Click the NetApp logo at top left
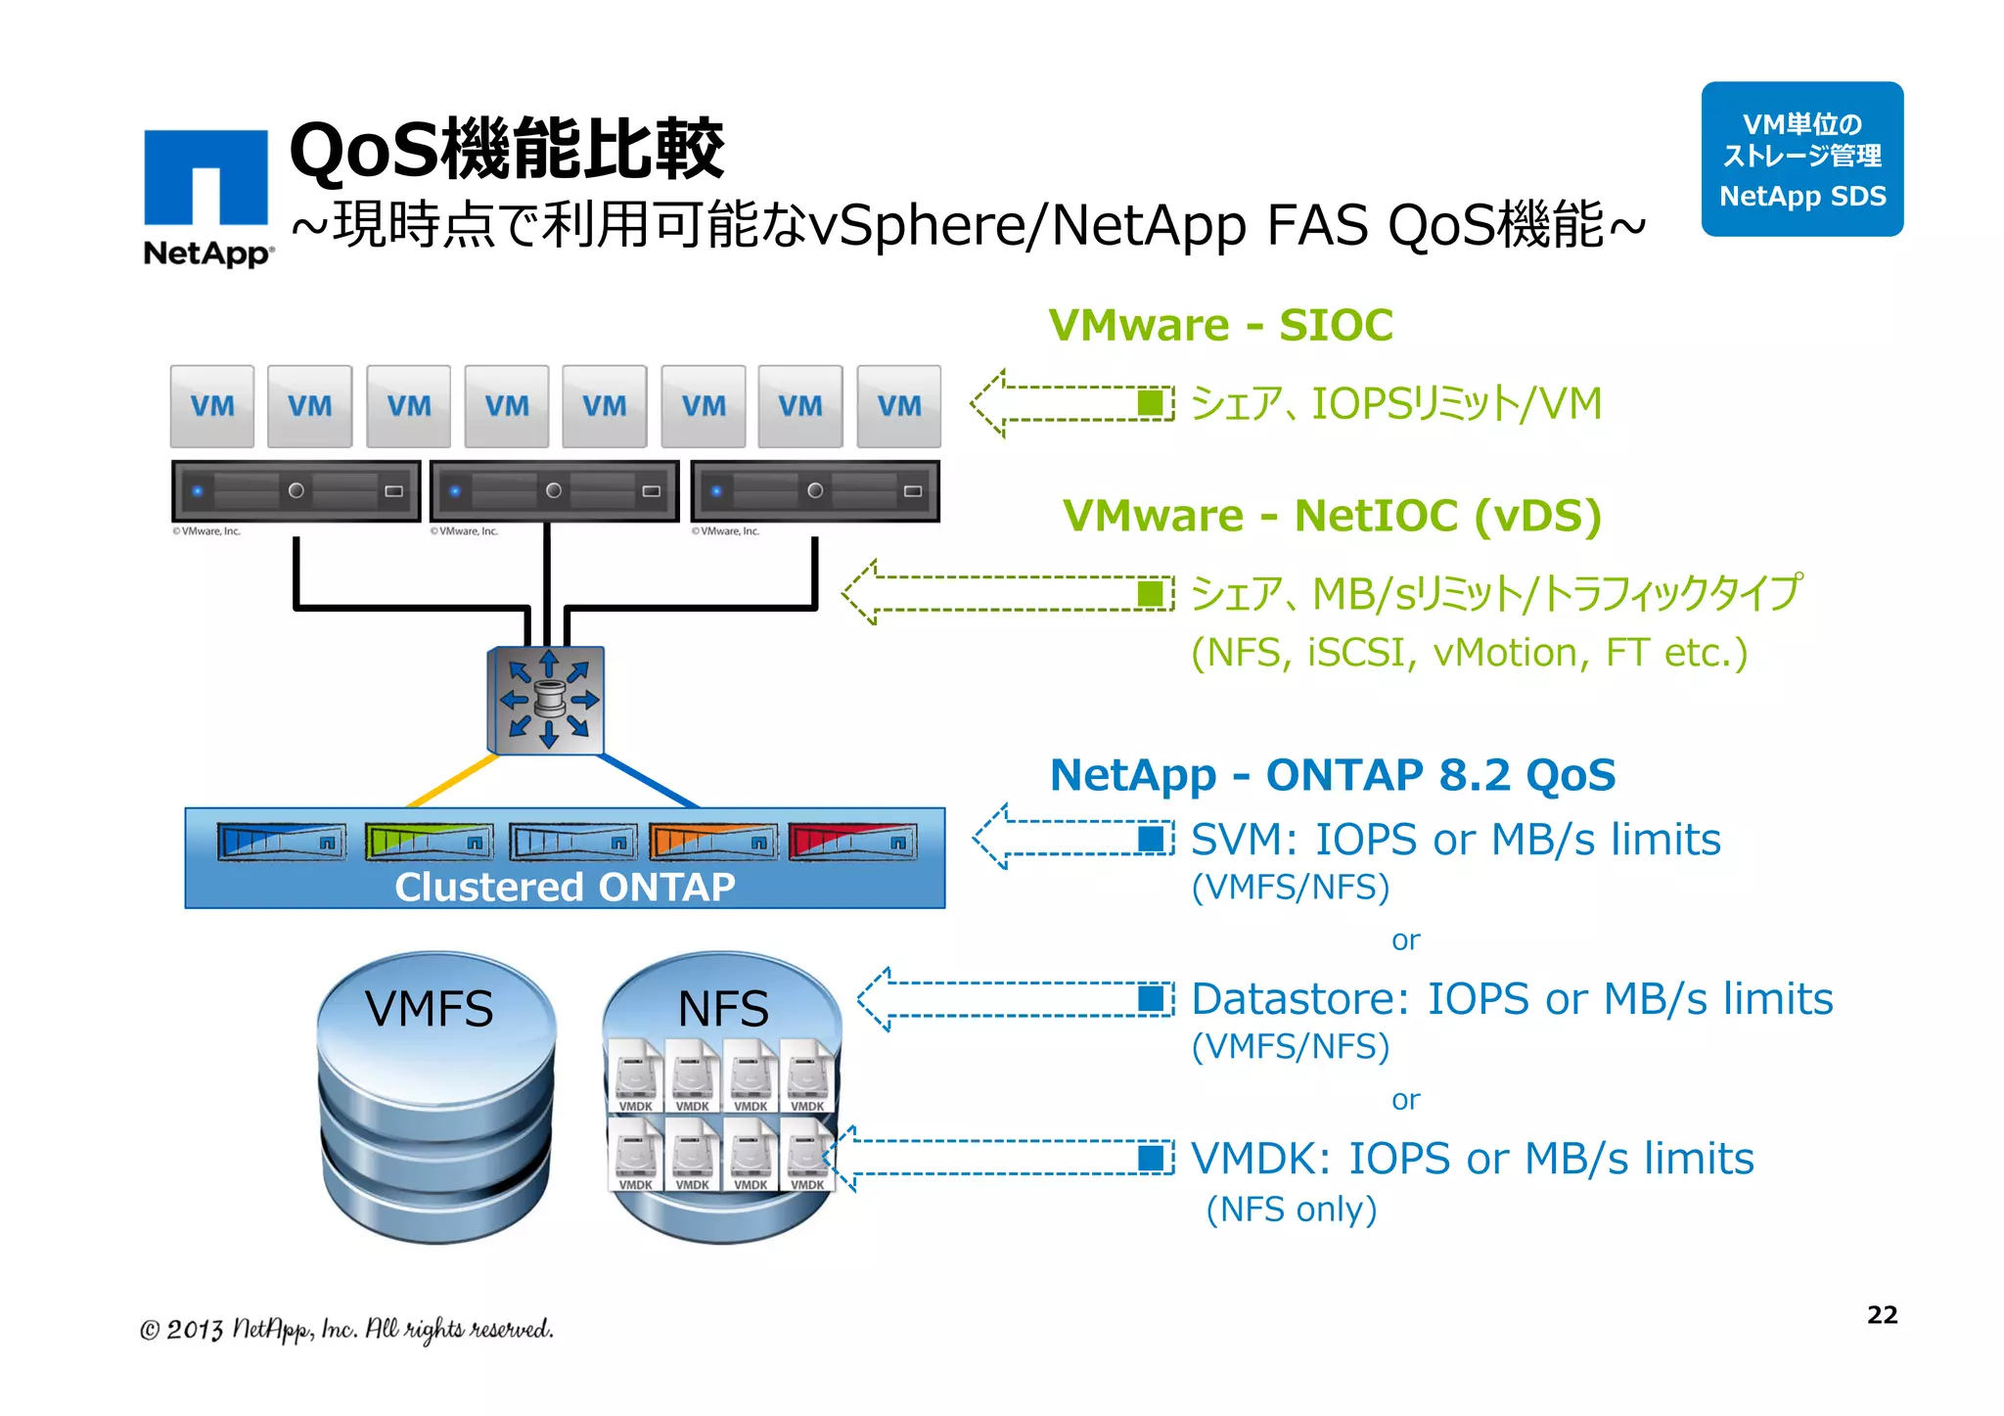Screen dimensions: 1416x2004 206,196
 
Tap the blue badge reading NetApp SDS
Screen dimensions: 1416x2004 1801,160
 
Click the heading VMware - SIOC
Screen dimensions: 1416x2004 1220,325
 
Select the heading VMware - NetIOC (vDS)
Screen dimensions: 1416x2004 1332,516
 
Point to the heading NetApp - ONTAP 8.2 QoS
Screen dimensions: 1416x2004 1332,775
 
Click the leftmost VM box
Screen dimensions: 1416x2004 212,406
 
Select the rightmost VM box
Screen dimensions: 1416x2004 898,406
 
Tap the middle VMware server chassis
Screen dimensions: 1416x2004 554,491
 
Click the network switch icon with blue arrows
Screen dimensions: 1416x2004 547,701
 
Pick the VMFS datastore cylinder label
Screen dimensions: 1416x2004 429,1009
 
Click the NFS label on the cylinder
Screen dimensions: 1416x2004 723,1009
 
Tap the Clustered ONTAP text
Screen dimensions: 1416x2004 565,887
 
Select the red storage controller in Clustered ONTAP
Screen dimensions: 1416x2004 852,842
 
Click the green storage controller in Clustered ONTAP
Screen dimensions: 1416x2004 429,842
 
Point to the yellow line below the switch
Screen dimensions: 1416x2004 452,781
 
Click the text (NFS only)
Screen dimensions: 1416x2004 1291,1210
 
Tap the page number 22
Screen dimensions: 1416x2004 1881,1314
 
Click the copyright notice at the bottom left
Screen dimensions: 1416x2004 346,1329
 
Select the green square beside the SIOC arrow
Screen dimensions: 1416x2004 1151,403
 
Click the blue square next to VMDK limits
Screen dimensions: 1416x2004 1151,1159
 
